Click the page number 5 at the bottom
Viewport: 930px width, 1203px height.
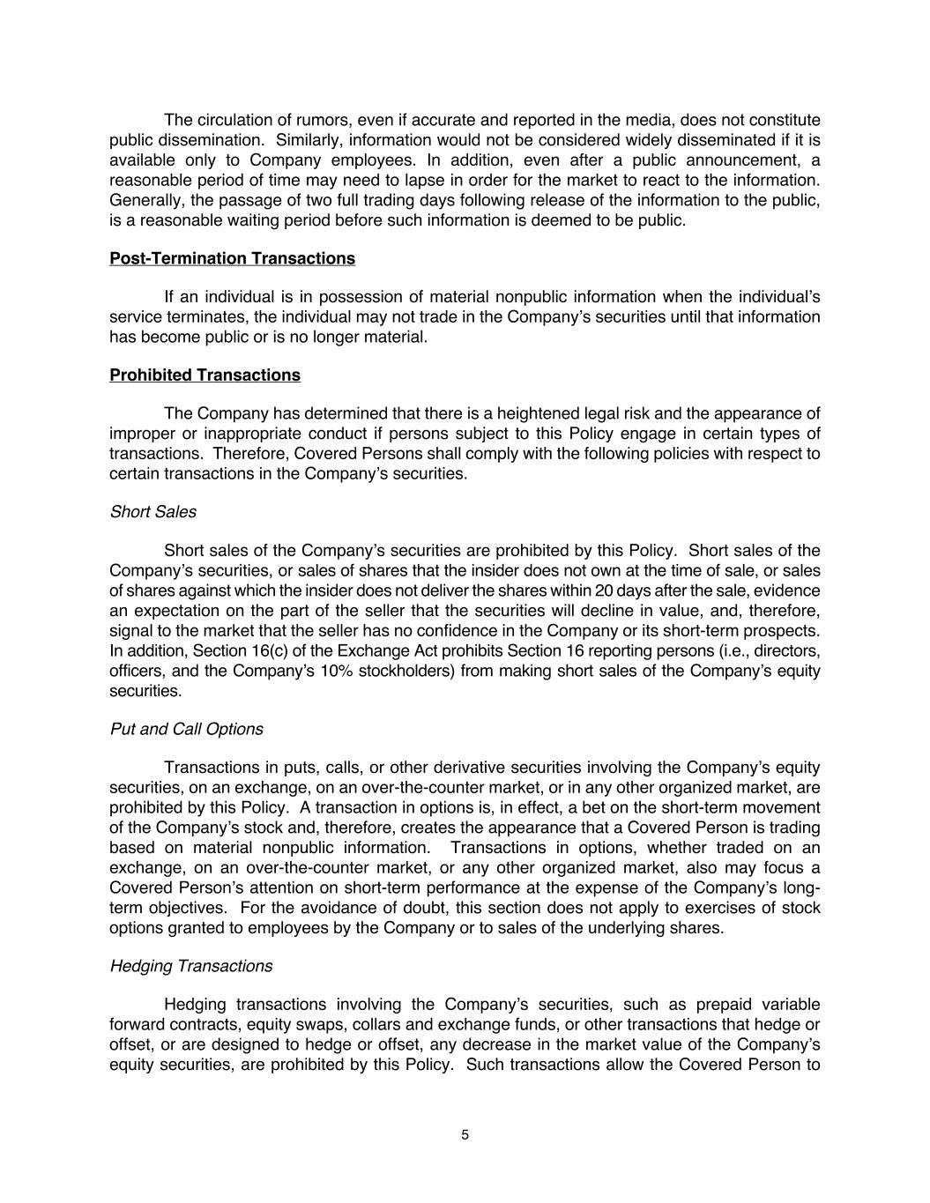pyautogui.click(x=465, y=1134)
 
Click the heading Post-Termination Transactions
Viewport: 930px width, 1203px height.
pyautogui.click(x=232, y=258)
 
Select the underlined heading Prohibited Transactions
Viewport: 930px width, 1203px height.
pyautogui.click(x=205, y=375)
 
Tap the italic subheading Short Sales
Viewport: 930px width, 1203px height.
pyautogui.click(x=153, y=512)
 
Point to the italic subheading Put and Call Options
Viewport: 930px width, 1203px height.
pyautogui.click(x=186, y=729)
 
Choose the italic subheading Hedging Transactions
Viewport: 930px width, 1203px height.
pyautogui.click(x=190, y=966)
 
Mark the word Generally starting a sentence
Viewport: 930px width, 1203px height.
pyautogui.click(x=145, y=200)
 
